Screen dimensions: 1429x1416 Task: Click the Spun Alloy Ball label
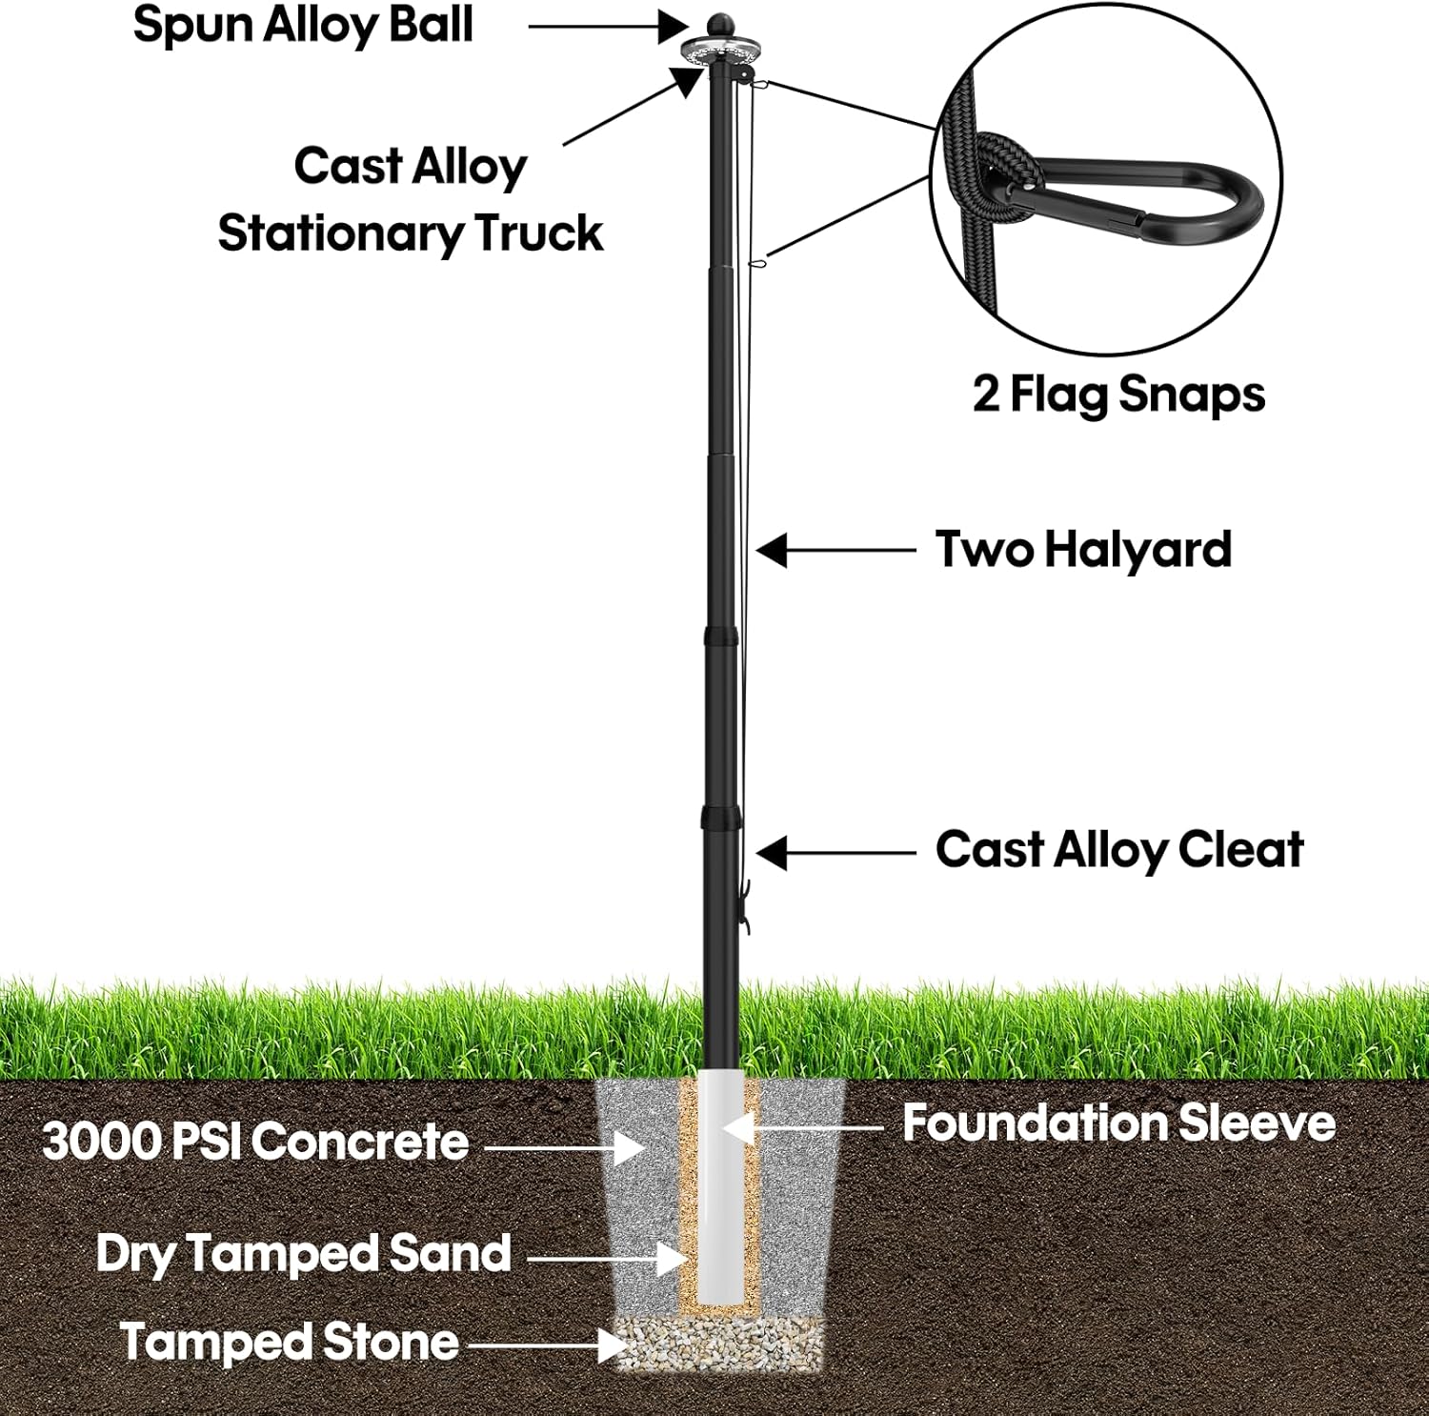coord(303,26)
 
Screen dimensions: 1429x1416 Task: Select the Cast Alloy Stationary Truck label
coord(411,199)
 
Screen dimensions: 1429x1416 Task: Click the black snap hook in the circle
coord(1124,198)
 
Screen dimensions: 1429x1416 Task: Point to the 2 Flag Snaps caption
coord(1118,394)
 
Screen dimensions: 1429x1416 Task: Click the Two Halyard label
coord(1083,550)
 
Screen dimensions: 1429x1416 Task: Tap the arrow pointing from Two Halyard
coord(835,550)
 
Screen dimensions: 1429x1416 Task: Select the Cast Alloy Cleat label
coord(1119,850)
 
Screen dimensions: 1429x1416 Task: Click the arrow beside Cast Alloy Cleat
coord(835,853)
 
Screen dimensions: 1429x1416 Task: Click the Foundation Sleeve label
coord(1118,1123)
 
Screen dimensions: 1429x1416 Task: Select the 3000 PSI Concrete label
coord(255,1142)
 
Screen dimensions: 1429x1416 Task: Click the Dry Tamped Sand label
coord(304,1255)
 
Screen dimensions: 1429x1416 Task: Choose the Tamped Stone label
coord(290,1343)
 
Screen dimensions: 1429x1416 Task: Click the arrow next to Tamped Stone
coord(547,1345)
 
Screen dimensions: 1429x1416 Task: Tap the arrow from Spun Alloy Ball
coord(608,27)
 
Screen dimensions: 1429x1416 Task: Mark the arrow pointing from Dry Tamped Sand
coord(607,1259)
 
